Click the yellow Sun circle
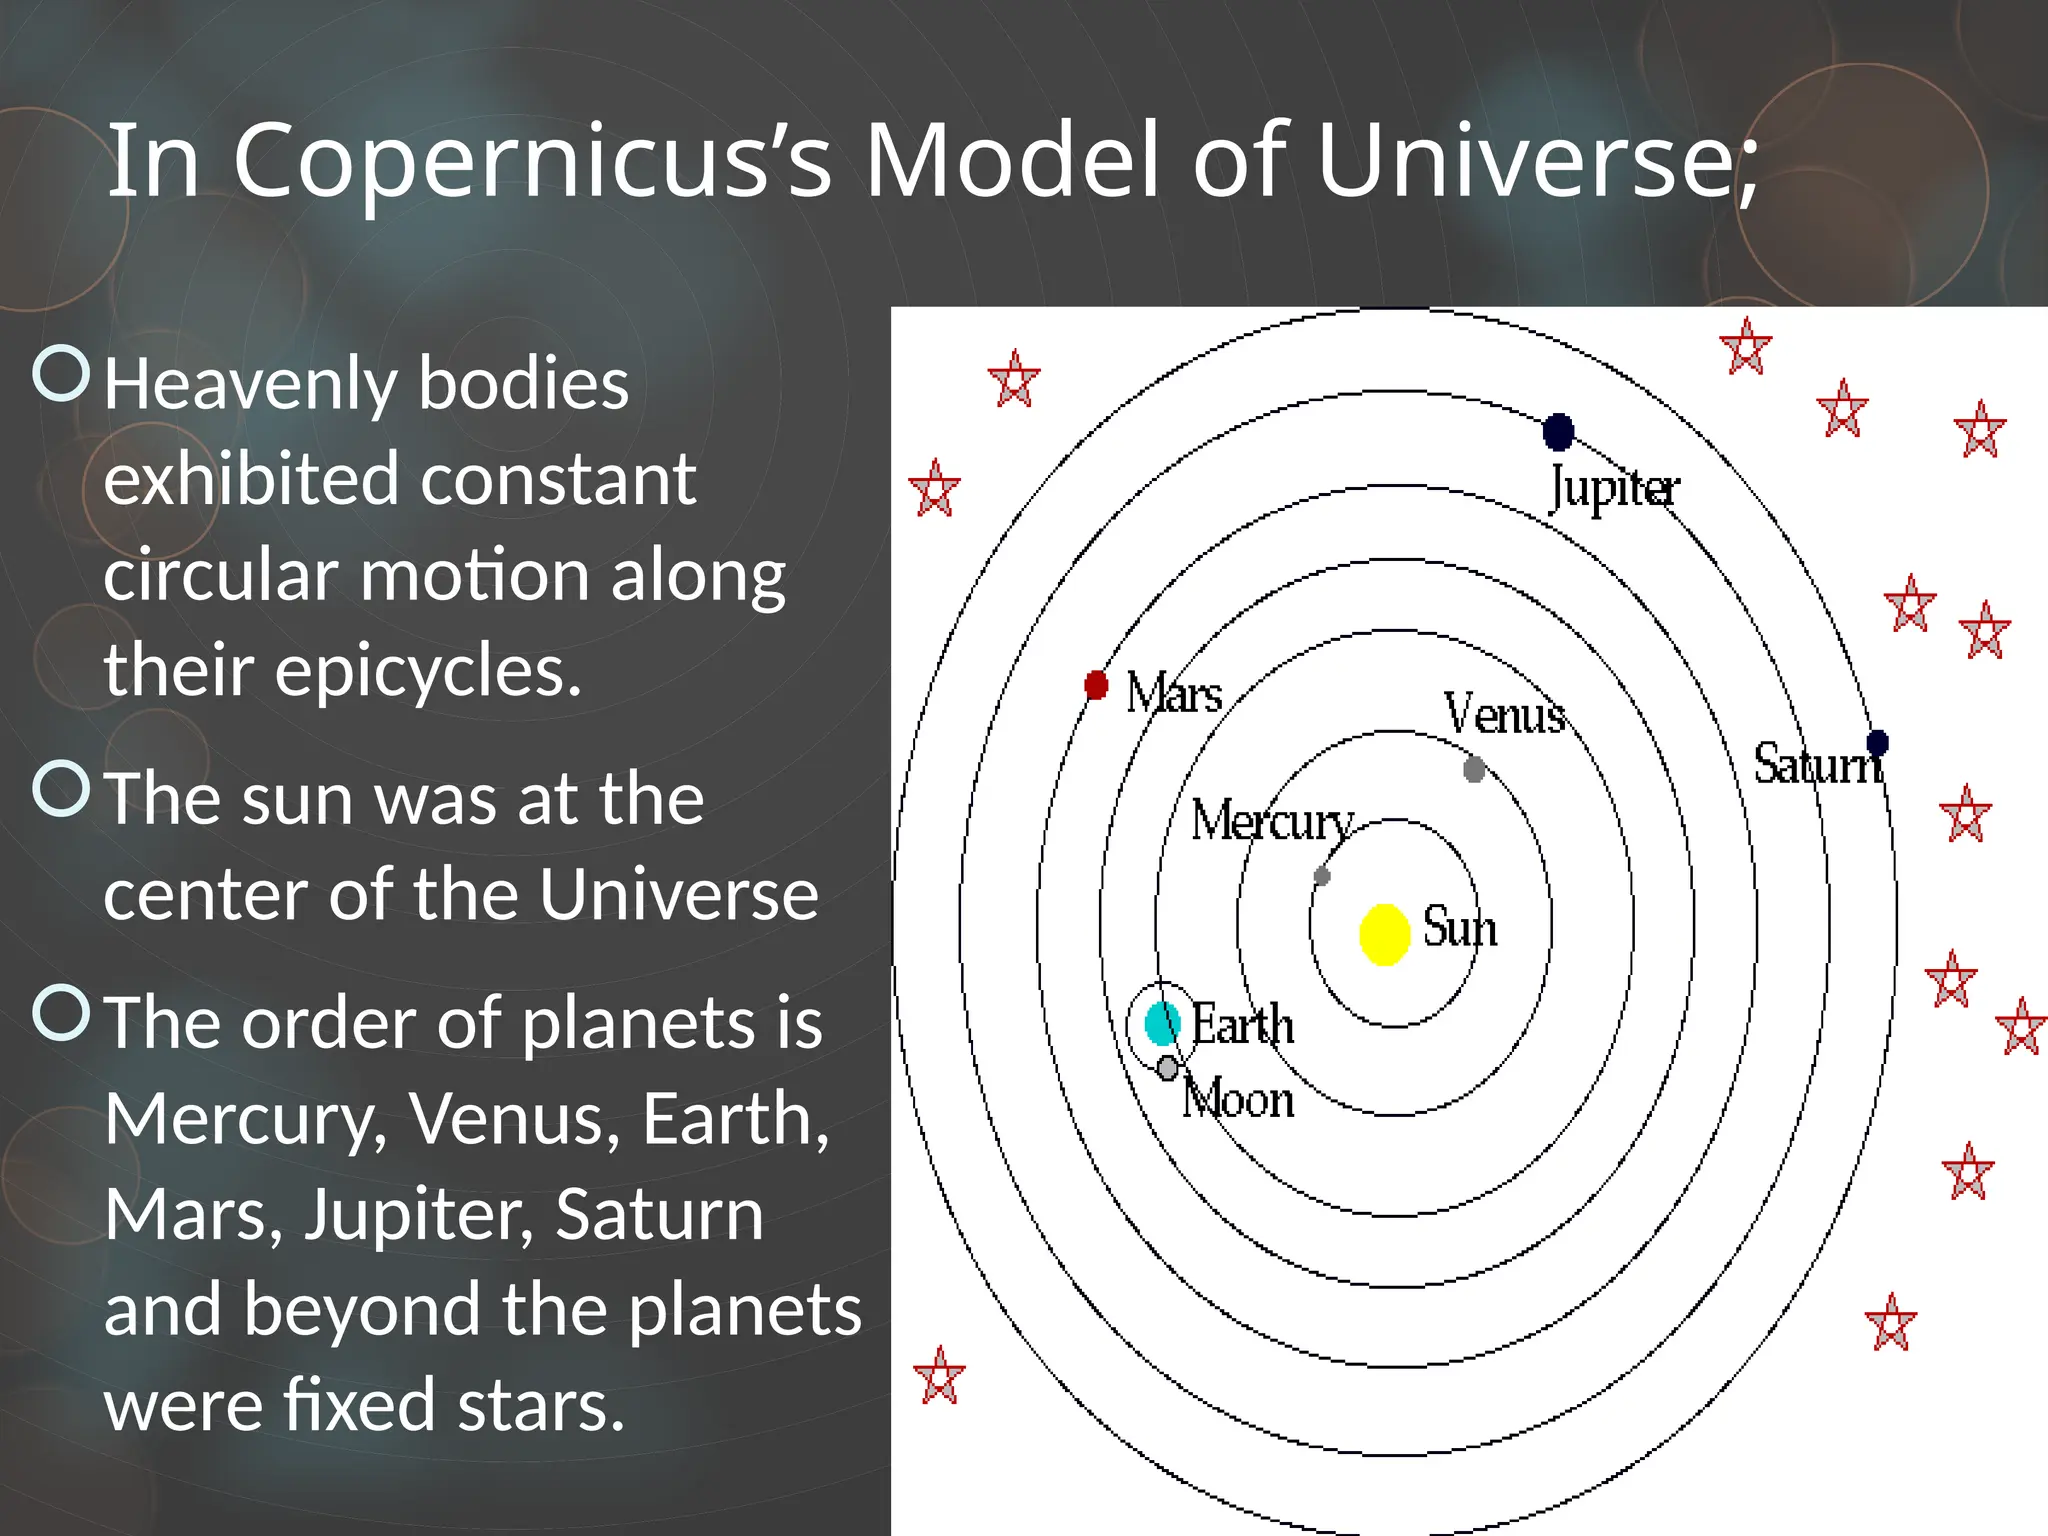pos(1385,934)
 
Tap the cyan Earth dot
pos(1160,1023)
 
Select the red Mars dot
pos(1096,685)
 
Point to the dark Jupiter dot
pos(1558,432)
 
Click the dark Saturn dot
pos(1877,742)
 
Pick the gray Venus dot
pos(1473,769)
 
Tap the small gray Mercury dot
pos(1322,876)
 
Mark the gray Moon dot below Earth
pos(1167,1068)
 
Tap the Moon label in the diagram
pos(1238,1099)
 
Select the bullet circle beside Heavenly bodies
pos(62,373)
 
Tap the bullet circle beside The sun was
pos(62,788)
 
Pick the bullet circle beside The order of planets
pos(62,1012)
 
